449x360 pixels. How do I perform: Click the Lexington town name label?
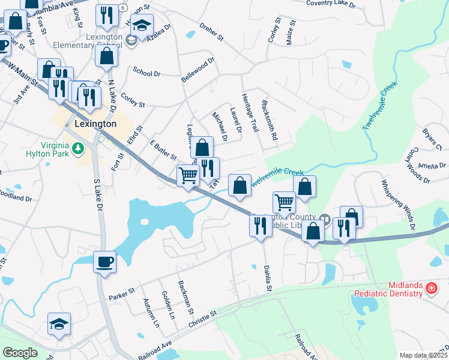pos(96,124)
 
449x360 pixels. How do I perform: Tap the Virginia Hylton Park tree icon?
pos(77,148)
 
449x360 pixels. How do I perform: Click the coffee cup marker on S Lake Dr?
pos(104,262)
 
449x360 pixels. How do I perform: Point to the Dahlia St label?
pos(268,280)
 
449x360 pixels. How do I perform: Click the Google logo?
pos(20,353)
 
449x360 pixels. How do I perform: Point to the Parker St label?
pos(122,293)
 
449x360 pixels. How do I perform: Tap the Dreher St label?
pos(211,33)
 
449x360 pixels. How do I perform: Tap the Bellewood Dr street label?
pos(197,70)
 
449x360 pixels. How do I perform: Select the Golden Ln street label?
pos(168,305)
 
